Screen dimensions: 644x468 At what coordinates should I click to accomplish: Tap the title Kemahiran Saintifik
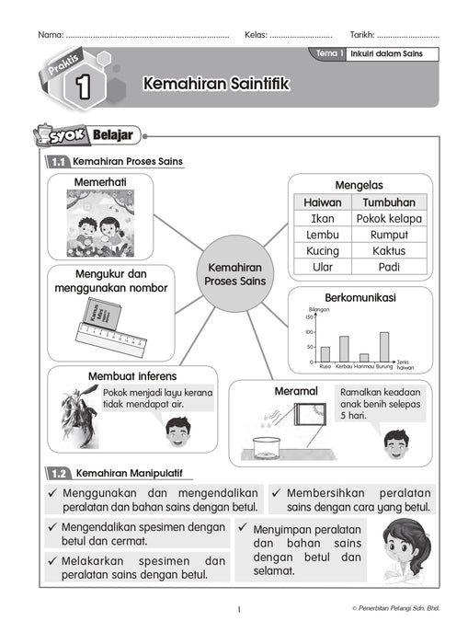tap(215, 85)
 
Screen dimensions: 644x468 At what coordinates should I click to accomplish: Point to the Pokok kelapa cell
tap(389, 219)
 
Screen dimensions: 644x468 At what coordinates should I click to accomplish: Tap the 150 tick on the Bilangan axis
tap(310, 317)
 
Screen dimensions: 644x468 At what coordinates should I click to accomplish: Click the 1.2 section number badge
tap(59, 474)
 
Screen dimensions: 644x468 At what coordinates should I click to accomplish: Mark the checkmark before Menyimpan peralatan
tap(243, 529)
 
